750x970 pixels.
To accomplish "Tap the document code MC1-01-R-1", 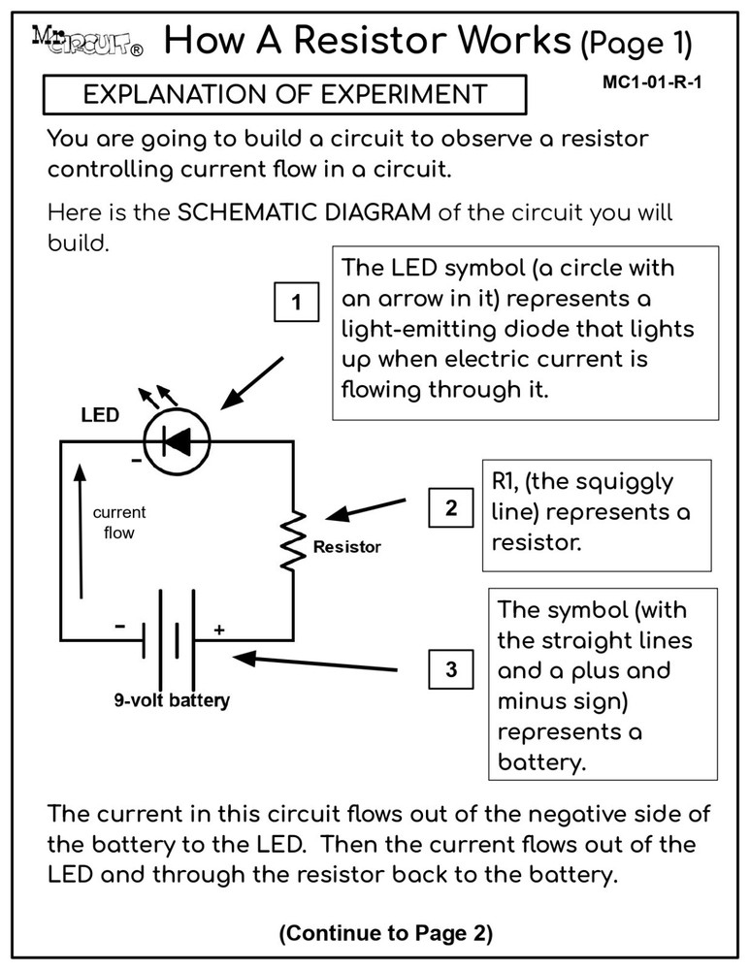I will pos(652,81).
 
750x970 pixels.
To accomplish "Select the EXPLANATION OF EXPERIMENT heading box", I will pos(284,94).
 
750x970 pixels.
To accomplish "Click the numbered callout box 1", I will pos(297,305).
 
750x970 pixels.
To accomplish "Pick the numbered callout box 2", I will pos(451,508).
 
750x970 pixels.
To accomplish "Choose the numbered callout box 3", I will pos(451,669).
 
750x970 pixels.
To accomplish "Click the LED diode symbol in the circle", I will pos(177,441).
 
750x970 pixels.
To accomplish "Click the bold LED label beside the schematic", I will pos(100,415).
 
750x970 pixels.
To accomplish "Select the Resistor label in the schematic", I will pos(346,547).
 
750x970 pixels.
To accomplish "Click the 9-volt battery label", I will pos(173,698).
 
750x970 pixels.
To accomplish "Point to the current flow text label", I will pos(119,522).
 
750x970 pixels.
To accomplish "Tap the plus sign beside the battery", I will pos(219,630).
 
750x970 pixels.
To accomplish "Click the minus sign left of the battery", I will pos(119,627).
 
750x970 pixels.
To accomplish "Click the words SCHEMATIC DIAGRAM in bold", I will pos(305,212).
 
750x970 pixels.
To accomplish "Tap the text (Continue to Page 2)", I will pos(385,933).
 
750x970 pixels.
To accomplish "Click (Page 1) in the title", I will pos(636,43).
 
